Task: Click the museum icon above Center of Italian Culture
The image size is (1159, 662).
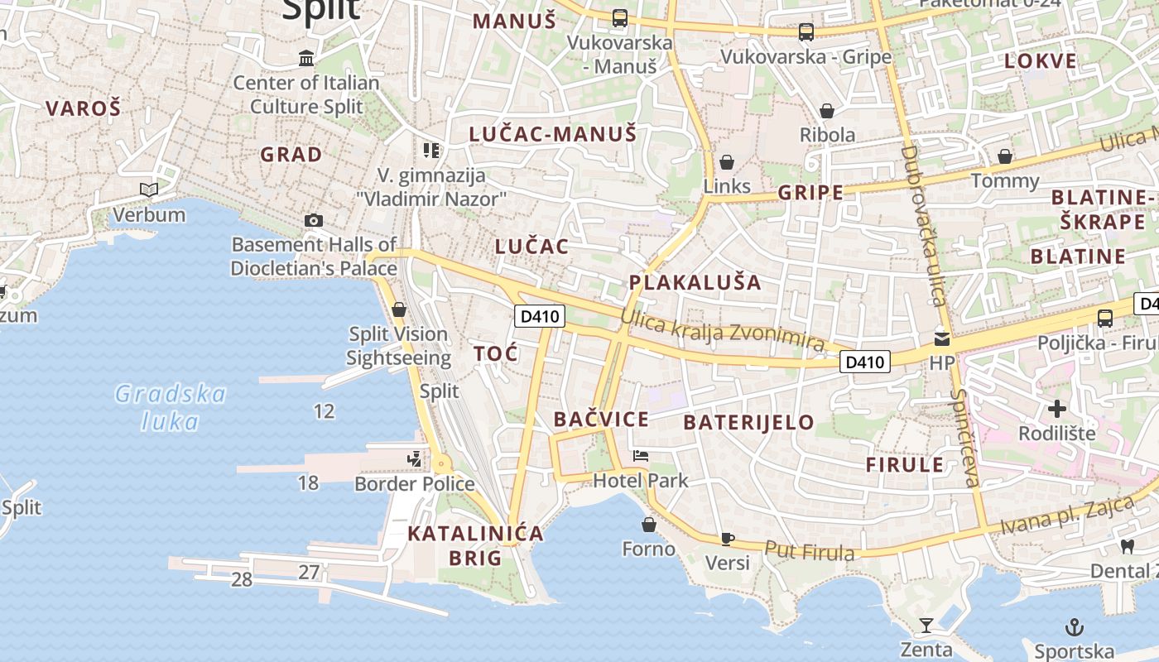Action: point(306,59)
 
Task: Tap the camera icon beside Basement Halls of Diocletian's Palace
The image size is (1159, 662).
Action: point(314,220)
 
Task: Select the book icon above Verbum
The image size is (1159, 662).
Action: point(149,190)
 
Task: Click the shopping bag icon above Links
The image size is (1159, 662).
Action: point(726,162)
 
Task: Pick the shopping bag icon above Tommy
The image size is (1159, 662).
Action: point(1004,156)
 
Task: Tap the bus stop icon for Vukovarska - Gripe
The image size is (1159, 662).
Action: point(806,32)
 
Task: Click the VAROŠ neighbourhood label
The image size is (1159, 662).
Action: point(83,108)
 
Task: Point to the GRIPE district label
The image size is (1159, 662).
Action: point(810,193)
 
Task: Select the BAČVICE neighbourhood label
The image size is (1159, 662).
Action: point(601,419)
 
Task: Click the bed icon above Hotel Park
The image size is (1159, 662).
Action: point(641,455)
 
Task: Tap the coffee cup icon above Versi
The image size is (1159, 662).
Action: point(727,539)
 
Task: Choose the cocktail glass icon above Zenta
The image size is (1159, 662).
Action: point(926,625)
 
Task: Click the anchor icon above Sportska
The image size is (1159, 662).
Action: point(1074,626)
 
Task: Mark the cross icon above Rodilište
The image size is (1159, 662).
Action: point(1056,408)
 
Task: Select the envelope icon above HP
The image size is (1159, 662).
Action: point(942,338)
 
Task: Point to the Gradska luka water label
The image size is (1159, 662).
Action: point(171,407)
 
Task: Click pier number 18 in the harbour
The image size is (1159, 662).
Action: point(308,482)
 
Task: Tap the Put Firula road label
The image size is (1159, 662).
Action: point(809,550)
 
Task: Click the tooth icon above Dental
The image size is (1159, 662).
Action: point(1127,546)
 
